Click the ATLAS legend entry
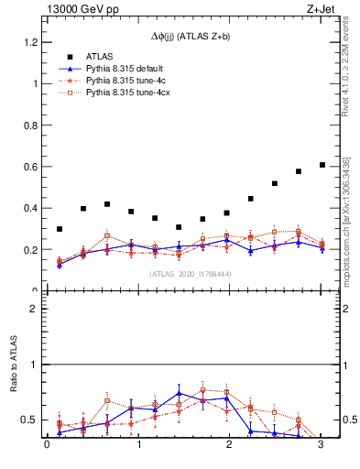click(x=100, y=56)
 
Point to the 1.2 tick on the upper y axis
click(x=29, y=42)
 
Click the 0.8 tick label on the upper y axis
click(x=29, y=125)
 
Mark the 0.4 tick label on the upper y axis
click(x=29, y=208)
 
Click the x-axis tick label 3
click(x=321, y=445)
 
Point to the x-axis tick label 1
click(x=138, y=445)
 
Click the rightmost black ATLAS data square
click(x=322, y=165)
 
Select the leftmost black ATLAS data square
click(x=60, y=229)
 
